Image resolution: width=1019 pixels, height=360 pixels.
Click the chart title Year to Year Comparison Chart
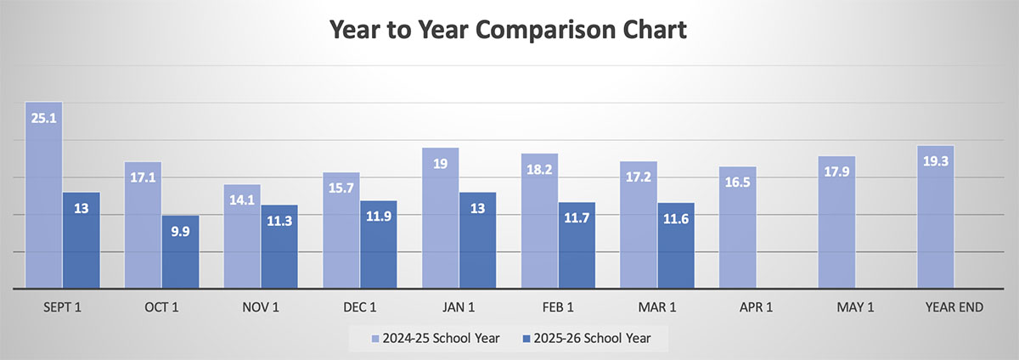pyautogui.click(x=509, y=31)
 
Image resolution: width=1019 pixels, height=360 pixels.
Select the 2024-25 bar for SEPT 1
pyautogui.click(x=44, y=204)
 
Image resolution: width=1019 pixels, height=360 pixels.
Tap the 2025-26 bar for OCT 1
pyautogui.click(x=180, y=255)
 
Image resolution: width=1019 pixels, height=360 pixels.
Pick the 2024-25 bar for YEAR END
pyautogui.click(x=935, y=221)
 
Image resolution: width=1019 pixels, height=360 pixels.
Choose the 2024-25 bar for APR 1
pyautogui.click(x=737, y=229)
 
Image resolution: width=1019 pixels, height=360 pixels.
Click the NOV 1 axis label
pyautogui.click(x=261, y=307)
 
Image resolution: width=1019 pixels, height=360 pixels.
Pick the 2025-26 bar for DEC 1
pyautogui.click(x=379, y=246)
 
